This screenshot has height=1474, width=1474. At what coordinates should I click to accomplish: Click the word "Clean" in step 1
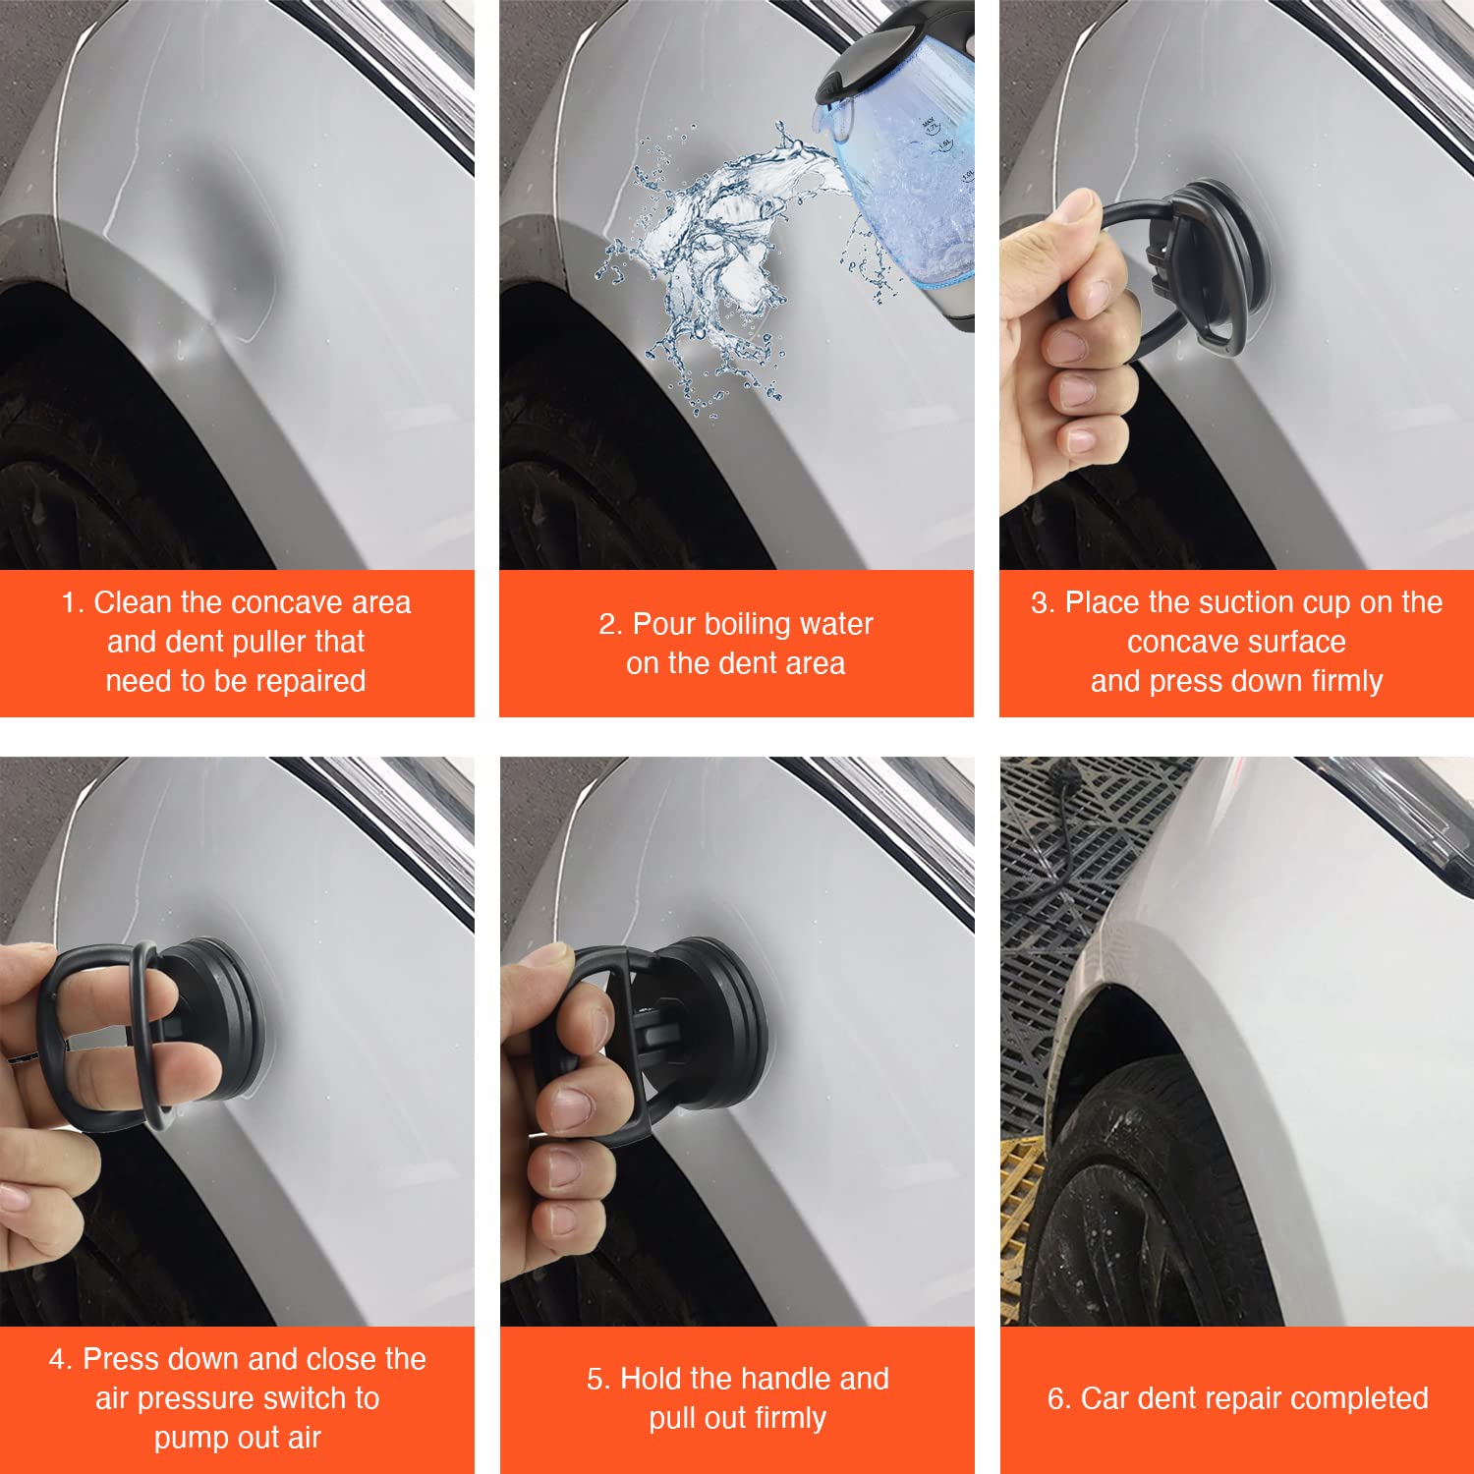click(x=132, y=602)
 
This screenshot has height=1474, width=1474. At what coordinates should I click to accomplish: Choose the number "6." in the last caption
click(x=1058, y=1398)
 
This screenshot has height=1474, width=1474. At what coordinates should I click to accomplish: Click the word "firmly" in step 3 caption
click(x=1346, y=682)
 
